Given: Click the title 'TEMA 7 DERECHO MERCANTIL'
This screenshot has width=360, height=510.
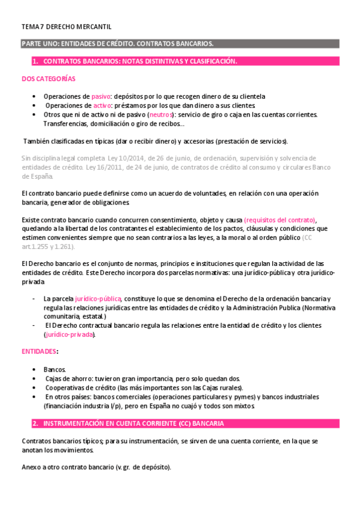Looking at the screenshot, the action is point(66,27).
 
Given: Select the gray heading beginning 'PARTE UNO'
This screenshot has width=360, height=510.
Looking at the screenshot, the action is point(117,44).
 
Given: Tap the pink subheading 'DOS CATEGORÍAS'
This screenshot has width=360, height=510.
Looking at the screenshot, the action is point(48,79).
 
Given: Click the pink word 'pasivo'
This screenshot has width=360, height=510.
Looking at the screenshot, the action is point(100,96).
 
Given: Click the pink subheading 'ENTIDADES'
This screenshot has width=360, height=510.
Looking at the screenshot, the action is point(39,351).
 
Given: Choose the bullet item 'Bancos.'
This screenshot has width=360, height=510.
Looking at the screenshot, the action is point(55,369).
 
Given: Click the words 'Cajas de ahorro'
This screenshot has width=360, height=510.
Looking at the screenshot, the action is point(69,378).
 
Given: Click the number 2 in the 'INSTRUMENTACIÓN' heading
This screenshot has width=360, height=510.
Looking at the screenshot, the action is point(35,423).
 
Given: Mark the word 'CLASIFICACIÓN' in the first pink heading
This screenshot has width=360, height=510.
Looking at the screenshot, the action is point(207,61).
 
